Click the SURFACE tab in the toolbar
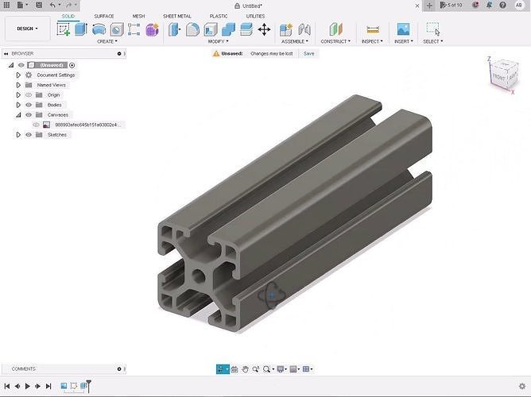103,16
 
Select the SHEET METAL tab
176,16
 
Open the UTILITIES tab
255,16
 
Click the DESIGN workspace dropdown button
27,29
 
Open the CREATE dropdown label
107,41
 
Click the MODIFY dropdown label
217,41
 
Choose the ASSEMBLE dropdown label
293,41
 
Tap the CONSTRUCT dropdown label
335,41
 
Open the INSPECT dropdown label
372,41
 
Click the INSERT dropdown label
403,41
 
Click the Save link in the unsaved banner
308,53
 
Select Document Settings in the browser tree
56,75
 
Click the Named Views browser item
52,85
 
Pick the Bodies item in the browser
54,105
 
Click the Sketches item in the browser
57,135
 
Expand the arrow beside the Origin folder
18,94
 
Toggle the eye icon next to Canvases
29,115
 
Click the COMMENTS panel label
24,369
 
